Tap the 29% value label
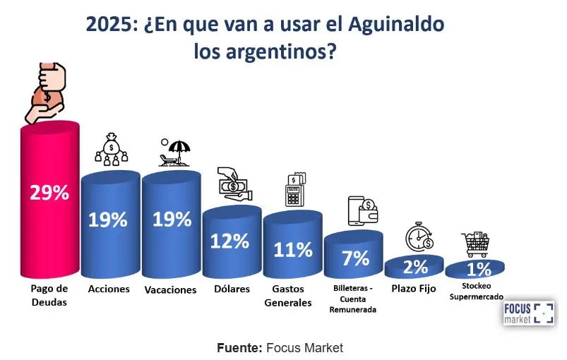tap(49, 193)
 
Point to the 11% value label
tap(293, 249)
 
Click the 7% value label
tap(354, 258)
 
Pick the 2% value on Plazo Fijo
tap(416, 267)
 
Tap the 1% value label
tap(477, 269)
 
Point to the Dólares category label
tap(230, 289)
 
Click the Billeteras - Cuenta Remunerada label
tap(354, 299)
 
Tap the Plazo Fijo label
tap(413, 289)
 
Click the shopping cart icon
tap(475, 244)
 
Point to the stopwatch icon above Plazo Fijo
tap(418, 236)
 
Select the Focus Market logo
tap(529, 313)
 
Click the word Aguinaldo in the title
tap(397, 25)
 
